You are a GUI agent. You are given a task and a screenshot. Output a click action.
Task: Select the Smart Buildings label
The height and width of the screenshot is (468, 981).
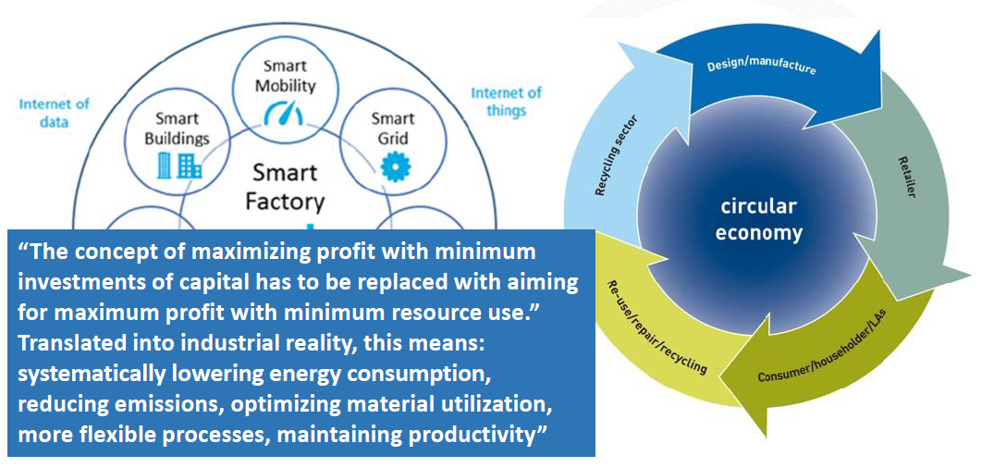[177, 128]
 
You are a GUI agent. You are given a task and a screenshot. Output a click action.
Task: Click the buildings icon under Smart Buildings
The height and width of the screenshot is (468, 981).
[179, 166]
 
